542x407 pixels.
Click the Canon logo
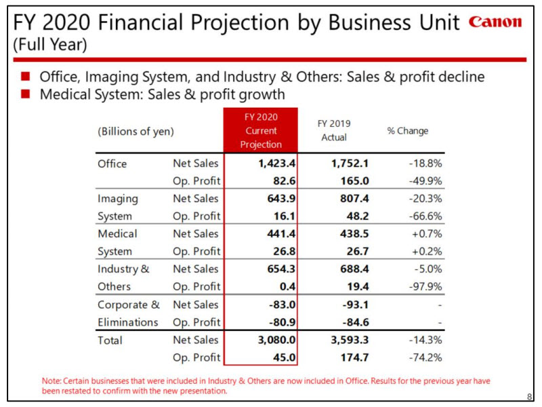click(495, 22)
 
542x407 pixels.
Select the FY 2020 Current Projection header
click(261, 131)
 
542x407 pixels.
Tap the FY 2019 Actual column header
click(333, 131)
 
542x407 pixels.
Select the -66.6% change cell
click(425, 216)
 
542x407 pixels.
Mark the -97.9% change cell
click(425, 287)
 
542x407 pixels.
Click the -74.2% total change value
click(425, 357)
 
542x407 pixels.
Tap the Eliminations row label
click(127, 322)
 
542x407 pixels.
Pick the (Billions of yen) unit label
click(135, 131)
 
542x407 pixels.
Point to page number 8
click(528, 398)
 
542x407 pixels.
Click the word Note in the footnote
click(50, 382)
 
